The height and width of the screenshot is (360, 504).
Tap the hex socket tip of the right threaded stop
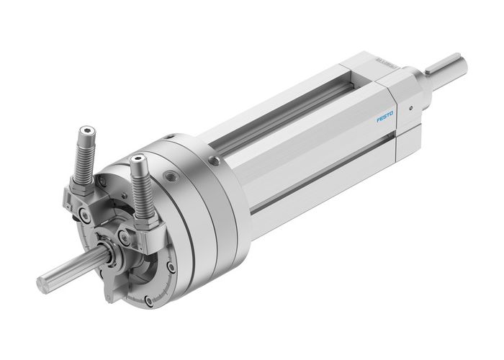138,160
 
